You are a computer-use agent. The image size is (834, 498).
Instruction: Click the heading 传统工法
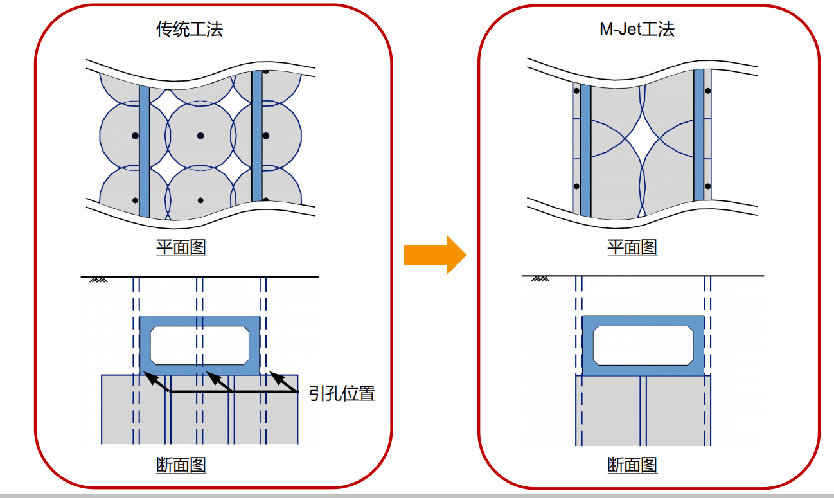[190, 29]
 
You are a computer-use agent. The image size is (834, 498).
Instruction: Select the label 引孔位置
[342, 393]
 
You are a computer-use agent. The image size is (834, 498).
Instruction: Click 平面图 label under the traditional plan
[181, 247]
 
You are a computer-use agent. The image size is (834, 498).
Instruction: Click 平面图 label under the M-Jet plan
[632, 247]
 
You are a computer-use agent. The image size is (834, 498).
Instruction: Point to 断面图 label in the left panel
[181, 465]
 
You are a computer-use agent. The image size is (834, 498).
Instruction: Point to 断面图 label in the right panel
[632, 465]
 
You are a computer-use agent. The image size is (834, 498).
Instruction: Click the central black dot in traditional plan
[200, 136]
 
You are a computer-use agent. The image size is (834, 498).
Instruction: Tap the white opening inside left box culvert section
[200, 344]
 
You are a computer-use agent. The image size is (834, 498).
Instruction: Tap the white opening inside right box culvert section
[642, 345]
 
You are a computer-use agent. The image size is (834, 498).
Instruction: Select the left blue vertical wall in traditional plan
[145, 151]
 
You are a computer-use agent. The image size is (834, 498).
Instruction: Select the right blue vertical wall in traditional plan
[257, 135]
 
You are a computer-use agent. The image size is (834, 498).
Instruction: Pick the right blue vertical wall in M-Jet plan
[698, 135]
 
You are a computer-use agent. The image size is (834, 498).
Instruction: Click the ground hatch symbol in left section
[98, 280]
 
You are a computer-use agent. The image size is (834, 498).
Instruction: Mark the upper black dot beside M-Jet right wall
[707, 91]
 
